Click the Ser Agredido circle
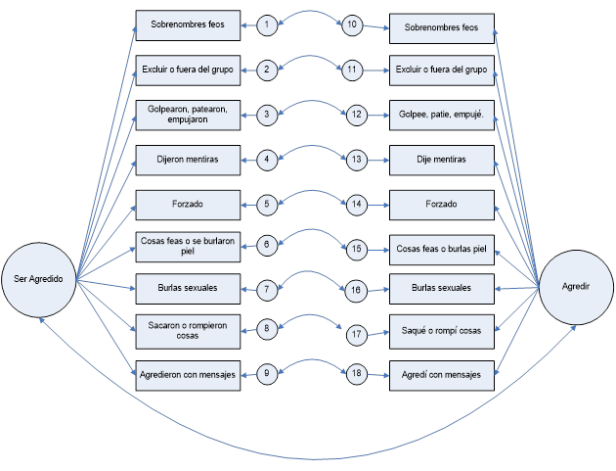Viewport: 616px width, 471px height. pyautogui.click(x=39, y=279)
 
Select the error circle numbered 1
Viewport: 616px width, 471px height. pyautogui.click(x=269, y=25)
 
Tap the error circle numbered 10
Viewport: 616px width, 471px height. pyautogui.click(x=354, y=25)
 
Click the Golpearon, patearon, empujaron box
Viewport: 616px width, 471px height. pyautogui.click(x=188, y=114)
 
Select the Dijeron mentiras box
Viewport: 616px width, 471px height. pyautogui.click(x=188, y=158)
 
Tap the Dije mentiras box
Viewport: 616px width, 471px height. pyautogui.click(x=441, y=159)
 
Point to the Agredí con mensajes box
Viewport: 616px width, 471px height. pyautogui.click(x=441, y=373)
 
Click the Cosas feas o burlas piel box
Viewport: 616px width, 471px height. pyautogui.click(x=441, y=249)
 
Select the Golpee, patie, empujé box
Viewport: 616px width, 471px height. pyautogui.click(x=441, y=115)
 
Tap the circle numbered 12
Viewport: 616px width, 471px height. pyautogui.click(x=356, y=115)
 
